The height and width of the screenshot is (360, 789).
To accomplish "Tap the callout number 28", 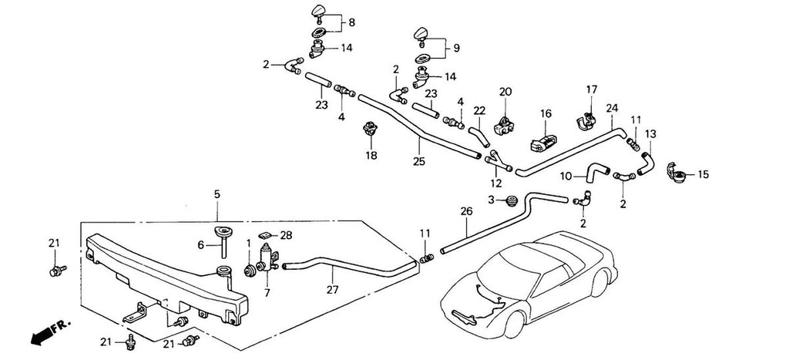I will (x=287, y=234).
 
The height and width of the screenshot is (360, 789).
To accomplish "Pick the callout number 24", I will (x=613, y=108).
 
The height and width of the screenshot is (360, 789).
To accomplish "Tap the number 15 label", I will (x=702, y=175).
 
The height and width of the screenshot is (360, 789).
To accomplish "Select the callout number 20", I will (x=505, y=92).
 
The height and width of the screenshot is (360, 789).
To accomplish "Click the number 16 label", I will (x=546, y=113).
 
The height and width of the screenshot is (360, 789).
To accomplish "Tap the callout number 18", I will (x=371, y=156).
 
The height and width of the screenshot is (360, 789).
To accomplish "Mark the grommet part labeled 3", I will (x=510, y=202).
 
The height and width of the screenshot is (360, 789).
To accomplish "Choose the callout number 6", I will (x=200, y=244).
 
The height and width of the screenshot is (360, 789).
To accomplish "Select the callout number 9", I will (x=455, y=47).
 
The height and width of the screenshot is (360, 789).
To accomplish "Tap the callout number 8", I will (x=351, y=23).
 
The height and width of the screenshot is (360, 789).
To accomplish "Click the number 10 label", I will (x=566, y=176).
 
